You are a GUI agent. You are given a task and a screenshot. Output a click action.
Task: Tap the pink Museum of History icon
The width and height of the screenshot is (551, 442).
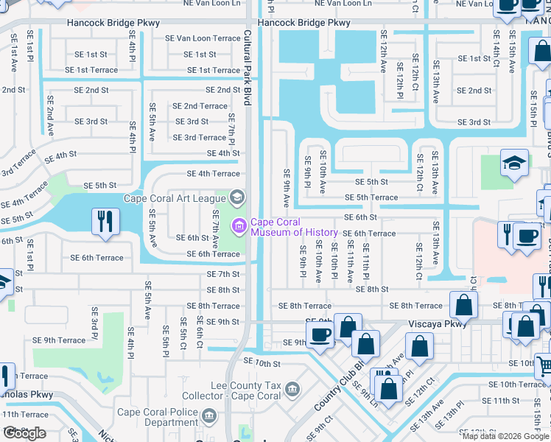point(239,224)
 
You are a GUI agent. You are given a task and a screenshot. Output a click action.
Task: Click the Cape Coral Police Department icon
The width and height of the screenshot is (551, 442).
point(210,418)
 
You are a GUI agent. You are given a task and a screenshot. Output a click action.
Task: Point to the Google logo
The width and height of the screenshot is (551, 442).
point(24,432)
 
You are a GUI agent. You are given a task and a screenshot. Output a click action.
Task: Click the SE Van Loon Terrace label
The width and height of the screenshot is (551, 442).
point(203,38)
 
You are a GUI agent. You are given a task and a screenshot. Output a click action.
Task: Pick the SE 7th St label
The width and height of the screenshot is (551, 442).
point(223,274)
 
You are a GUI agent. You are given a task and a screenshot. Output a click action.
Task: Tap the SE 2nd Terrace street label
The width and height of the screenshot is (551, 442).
point(200,106)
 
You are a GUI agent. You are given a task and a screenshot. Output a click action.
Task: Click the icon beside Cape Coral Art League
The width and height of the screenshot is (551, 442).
point(237,197)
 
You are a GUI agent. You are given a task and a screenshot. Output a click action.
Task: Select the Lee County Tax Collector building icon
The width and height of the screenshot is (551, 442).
point(292,388)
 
